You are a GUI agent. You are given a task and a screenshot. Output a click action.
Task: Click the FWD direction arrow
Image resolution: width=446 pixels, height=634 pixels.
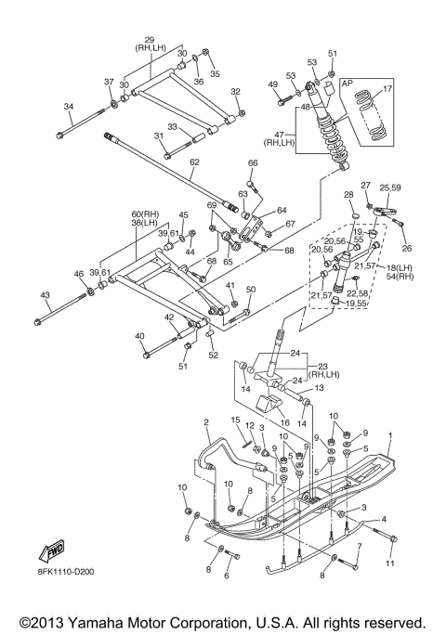pos(52,550)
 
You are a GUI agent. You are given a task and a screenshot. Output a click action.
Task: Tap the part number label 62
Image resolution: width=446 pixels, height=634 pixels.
pos(194,162)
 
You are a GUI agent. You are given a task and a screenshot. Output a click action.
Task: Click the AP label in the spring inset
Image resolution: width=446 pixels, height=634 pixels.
pos(348,84)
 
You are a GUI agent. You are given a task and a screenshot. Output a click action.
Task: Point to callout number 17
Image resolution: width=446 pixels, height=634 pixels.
pos(387,88)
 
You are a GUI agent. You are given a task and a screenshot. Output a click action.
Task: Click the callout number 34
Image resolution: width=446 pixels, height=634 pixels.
pos(69,107)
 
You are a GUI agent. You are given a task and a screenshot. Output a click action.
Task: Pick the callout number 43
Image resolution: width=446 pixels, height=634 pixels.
pos(45,295)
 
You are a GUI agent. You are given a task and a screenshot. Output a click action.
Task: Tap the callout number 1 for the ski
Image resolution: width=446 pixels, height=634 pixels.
pos(390,435)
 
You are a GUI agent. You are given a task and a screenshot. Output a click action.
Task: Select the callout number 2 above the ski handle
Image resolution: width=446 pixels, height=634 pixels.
pos(206,422)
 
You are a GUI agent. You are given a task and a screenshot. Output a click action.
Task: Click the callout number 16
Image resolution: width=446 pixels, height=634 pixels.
pos(284,423)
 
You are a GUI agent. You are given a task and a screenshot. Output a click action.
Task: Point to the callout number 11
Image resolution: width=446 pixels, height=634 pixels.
pos(389,563)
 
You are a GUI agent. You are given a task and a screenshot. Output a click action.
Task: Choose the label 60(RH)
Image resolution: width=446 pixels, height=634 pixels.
pos(145,213)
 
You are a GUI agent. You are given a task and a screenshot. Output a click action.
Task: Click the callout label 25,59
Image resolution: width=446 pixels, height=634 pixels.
pos(389,188)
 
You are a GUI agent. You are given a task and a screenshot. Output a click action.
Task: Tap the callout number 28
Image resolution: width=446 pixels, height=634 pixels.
pos(348,196)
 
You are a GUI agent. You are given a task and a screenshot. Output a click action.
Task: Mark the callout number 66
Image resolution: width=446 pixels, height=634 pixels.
pos(253,163)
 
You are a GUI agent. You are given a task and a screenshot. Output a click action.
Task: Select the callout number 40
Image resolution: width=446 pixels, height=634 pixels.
pos(139,336)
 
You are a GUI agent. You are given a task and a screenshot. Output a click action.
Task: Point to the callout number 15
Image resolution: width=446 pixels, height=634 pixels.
pos(235,420)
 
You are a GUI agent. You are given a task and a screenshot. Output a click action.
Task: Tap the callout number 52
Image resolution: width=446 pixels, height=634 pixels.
pos(213,355)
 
